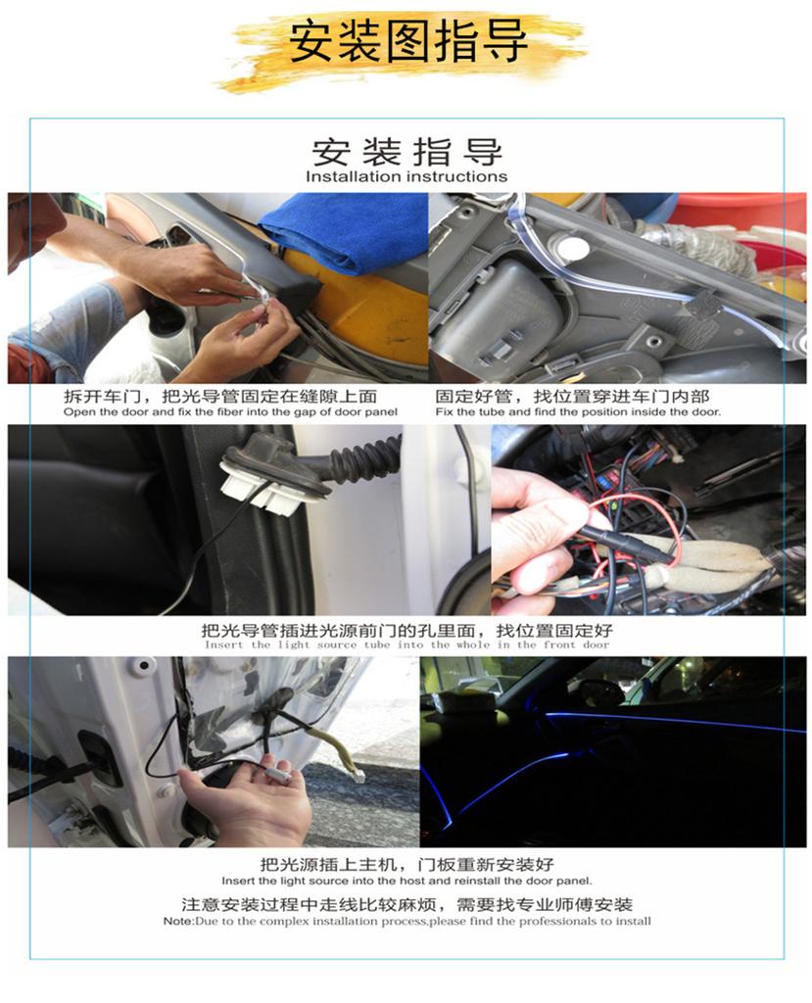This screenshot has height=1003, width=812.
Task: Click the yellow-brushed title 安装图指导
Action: coord(407,45)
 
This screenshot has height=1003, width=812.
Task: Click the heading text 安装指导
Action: coord(406,152)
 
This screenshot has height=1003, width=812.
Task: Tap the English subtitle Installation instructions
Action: coord(406,177)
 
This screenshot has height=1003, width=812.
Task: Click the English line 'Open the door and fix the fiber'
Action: coord(230,412)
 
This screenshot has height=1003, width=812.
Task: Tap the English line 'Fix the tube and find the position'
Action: coord(578,412)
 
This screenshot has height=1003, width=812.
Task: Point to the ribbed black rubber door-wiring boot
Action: coord(362,459)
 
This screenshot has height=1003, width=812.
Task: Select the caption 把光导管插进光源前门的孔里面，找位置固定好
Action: coord(406,630)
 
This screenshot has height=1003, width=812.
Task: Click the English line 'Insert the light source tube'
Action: coord(406,645)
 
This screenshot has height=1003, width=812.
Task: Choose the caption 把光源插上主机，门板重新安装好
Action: coord(406,865)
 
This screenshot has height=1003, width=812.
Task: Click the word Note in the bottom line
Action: coord(178,922)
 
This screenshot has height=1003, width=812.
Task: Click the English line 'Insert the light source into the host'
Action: coord(406,881)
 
